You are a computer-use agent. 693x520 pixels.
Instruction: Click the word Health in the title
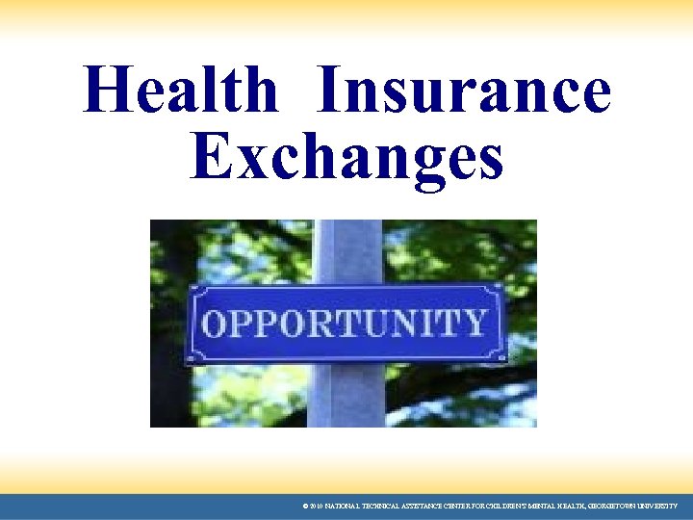180,91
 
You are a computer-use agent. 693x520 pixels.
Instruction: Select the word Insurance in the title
466,91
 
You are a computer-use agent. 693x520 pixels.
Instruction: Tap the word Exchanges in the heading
346,156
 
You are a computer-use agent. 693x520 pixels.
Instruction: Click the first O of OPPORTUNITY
218,324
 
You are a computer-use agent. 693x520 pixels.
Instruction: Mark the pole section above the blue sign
346,249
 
